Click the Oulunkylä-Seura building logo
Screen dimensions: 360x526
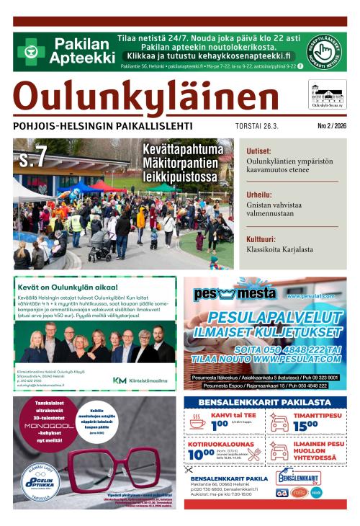click(327, 94)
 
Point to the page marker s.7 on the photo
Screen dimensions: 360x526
click(34, 156)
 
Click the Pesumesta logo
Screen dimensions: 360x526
click(235, 293)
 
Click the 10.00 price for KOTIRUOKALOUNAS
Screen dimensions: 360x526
click(201, 455)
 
